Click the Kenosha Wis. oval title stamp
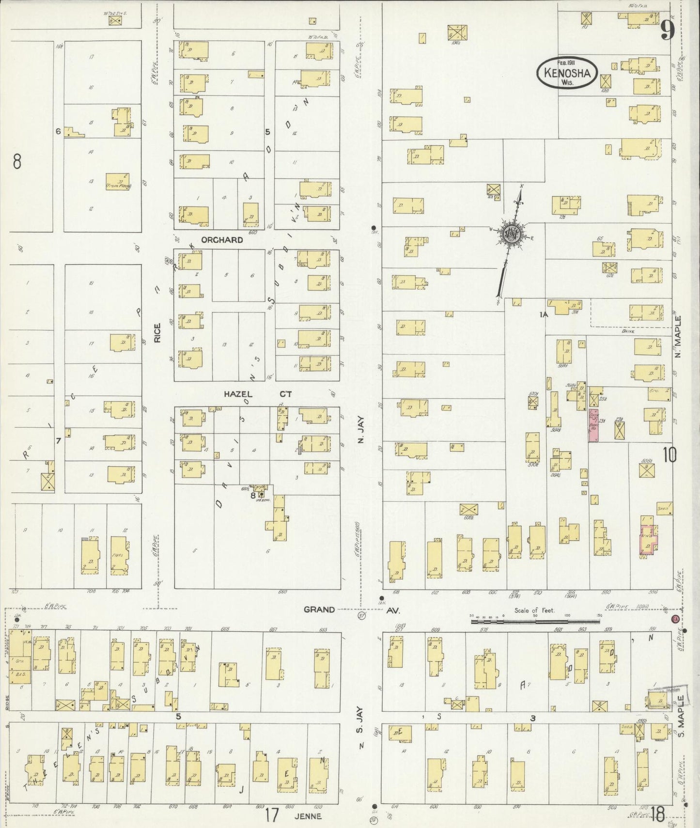(567, 73)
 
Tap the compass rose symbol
(511, 234)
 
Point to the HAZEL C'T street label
(257, 394)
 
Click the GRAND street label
(319, 609)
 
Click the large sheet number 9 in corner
(667, 31)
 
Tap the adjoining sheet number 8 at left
(17, 161)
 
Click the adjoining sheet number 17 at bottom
(272, 815)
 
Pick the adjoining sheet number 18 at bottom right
(657, 814)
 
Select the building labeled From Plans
(118, 182)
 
